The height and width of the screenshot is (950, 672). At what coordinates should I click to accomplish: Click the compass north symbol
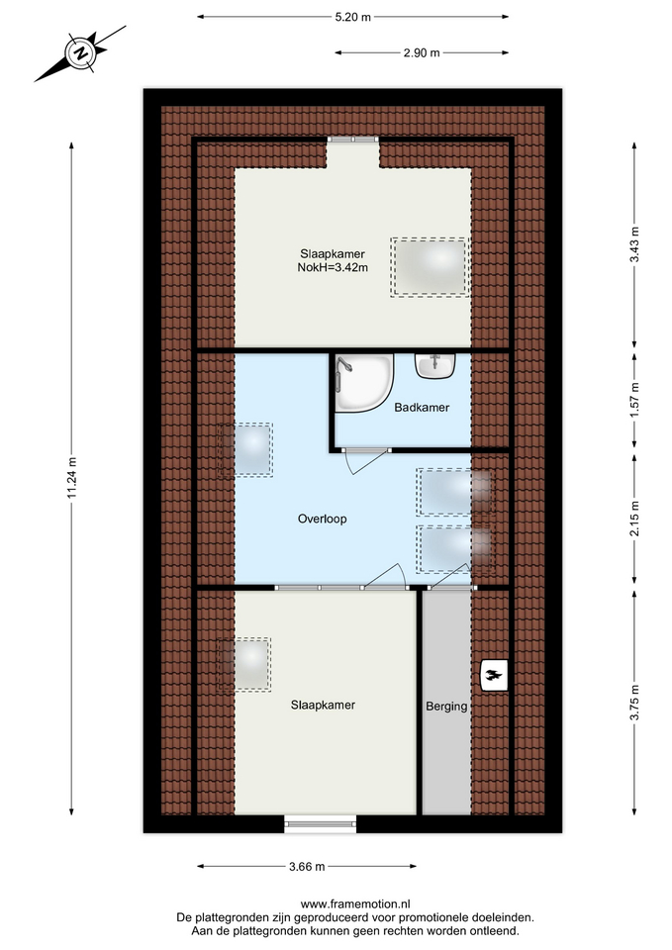(x=80, y=53)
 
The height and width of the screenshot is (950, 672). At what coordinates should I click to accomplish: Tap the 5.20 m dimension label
(x=352, y=17)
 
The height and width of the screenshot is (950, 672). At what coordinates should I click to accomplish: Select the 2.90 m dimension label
(x=422, y=52)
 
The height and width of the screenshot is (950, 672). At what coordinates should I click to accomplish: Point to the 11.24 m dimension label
(x=71, y=478)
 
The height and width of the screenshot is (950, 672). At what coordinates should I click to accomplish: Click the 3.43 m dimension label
(x=634, y=244)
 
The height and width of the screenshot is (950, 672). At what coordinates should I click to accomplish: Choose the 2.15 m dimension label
(x=634, y=519)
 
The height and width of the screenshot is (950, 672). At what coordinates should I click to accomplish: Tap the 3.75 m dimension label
(x=634, y=703)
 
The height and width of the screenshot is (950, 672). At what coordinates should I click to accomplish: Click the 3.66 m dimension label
(x=307, y=867)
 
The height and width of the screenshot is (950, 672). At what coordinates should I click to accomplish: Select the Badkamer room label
(x=422, y=407)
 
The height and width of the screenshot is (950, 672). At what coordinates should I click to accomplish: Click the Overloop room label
(x=323, y=519)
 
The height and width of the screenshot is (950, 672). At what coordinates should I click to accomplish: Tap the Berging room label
(x=446, y=706)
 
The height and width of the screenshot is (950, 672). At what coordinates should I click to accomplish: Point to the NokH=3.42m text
(x=333, y=267)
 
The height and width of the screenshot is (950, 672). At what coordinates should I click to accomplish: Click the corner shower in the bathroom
(x=364, y=384)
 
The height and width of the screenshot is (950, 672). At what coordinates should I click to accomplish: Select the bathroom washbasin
(x=435, y=366)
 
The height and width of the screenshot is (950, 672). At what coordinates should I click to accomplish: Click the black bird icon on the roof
(x=494, y=675)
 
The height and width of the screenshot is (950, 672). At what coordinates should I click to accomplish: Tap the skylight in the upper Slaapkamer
(x=431, y=266)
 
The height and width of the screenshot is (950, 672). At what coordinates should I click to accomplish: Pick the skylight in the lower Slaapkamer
(x=244, y=665)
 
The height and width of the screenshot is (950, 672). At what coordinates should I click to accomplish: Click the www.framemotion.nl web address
(x=355, y=904)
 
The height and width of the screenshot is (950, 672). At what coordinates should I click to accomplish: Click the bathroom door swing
(x=365, y=460)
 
